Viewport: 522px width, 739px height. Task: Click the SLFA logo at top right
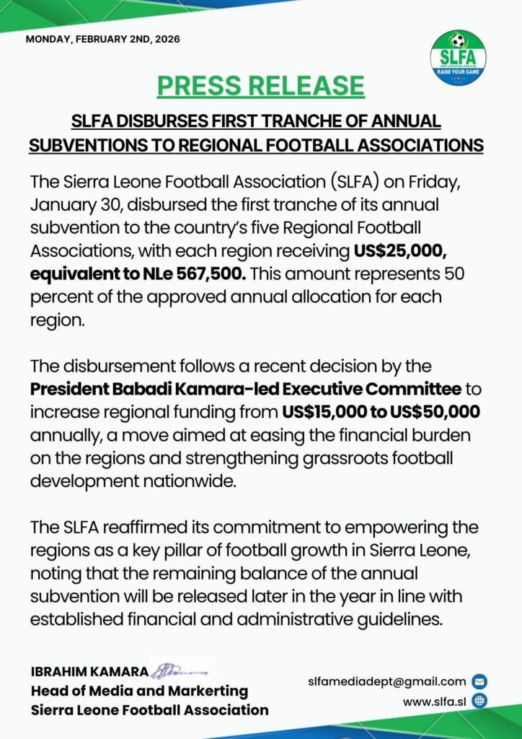[x=458, y=57]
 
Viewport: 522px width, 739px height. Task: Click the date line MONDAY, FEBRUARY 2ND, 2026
[x=102, y=39]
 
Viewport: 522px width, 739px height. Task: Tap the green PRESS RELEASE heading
[x=261, y=85]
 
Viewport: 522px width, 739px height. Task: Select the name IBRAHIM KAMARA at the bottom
[x=89, y=673]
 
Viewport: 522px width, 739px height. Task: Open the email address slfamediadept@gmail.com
[x=386, y=681]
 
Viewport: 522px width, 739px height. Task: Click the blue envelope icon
[x=479, y=681]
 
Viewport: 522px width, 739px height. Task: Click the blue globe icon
[x=479, y=700]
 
